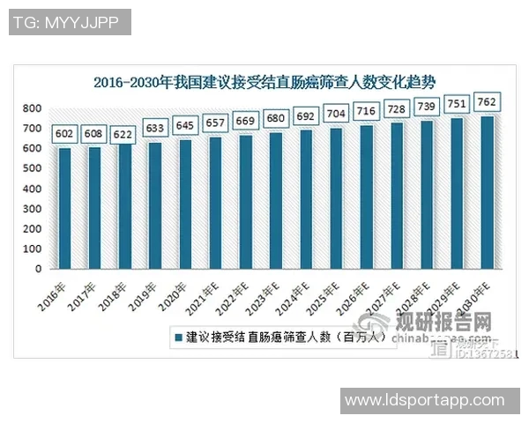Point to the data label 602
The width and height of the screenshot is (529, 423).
(64, 134)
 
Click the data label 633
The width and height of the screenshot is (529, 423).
(155, 129)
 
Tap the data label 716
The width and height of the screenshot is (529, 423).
(367, 112)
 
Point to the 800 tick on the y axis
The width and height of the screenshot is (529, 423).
(32, 108)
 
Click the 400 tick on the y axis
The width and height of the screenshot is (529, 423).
(32, 189)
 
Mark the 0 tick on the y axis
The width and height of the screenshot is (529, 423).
(39, 269)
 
